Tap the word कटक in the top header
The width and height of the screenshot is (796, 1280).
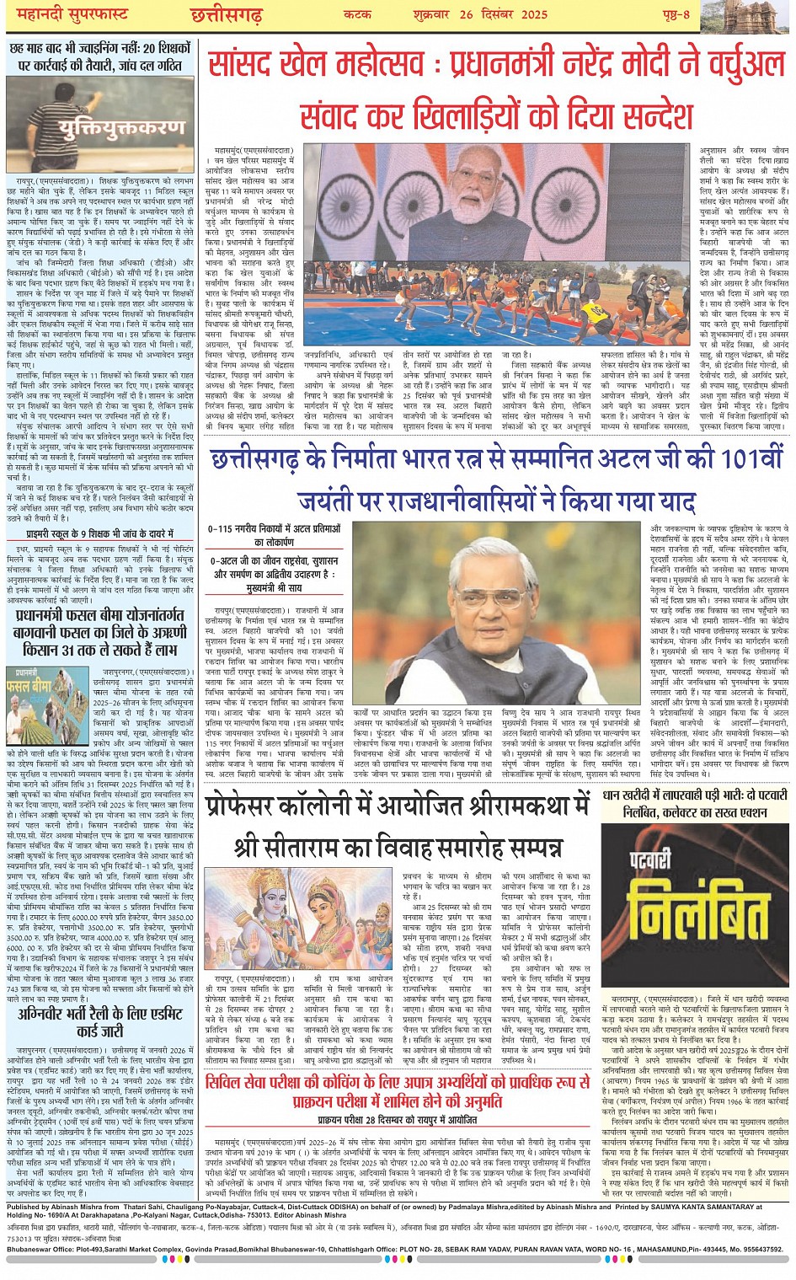coord(358,14)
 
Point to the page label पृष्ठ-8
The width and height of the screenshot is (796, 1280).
coord(674,14)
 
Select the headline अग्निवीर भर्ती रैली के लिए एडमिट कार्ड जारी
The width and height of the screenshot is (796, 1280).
coord(101,1023)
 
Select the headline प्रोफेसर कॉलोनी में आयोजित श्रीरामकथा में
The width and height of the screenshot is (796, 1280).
coord(398,805)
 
